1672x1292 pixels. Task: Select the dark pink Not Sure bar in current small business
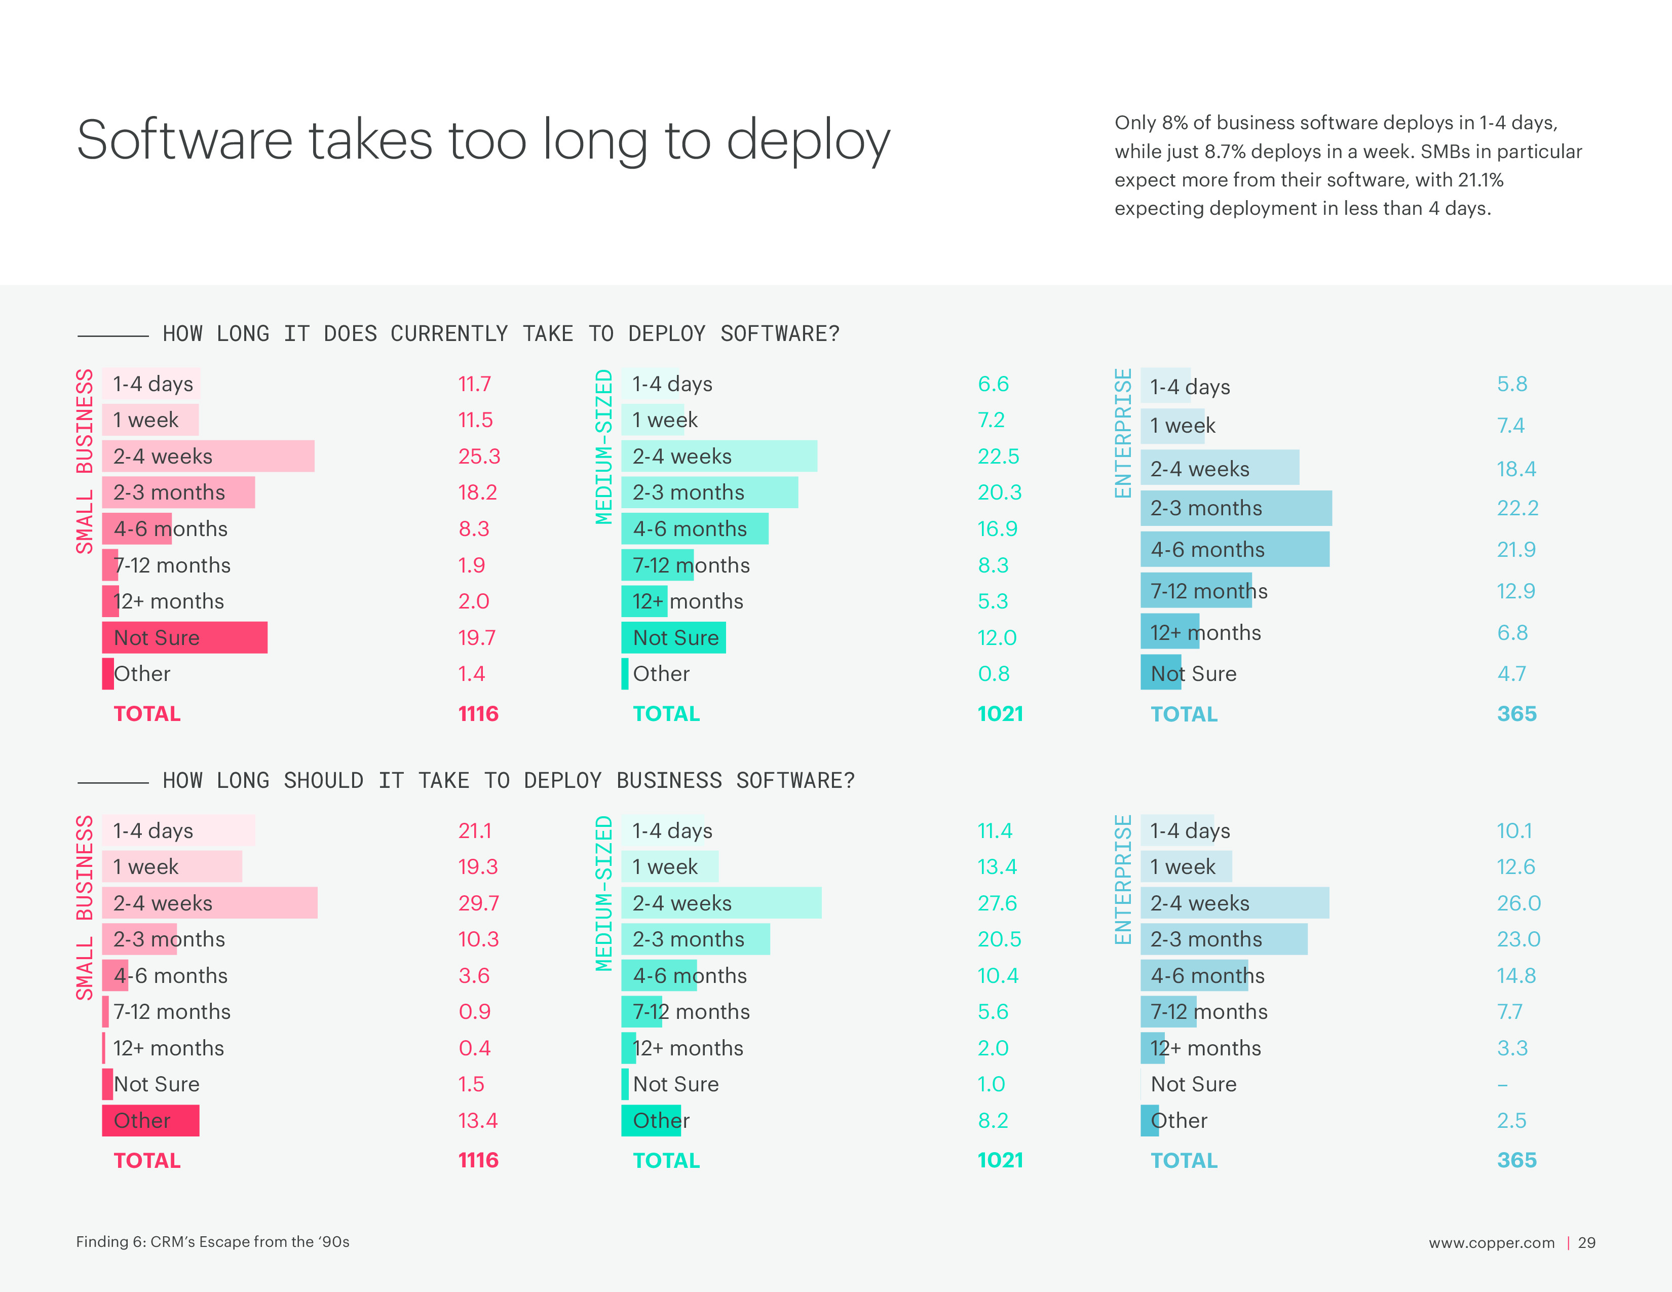(184, 637)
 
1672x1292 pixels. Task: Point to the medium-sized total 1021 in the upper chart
(999, 713)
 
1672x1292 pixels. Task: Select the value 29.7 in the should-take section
(478, 903)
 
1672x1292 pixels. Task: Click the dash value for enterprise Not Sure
(1502, 1085)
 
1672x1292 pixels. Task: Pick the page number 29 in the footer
(1586, 1242)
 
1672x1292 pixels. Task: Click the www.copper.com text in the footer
(1491, 1242)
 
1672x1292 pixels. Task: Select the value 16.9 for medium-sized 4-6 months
(997, 529)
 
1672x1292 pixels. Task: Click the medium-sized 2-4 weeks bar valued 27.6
(720, 903)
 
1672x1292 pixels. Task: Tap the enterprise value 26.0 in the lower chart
(1518, 903)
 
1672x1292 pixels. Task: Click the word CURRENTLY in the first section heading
(448, 334)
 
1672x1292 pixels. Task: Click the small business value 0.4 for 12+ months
(474, 1048)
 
